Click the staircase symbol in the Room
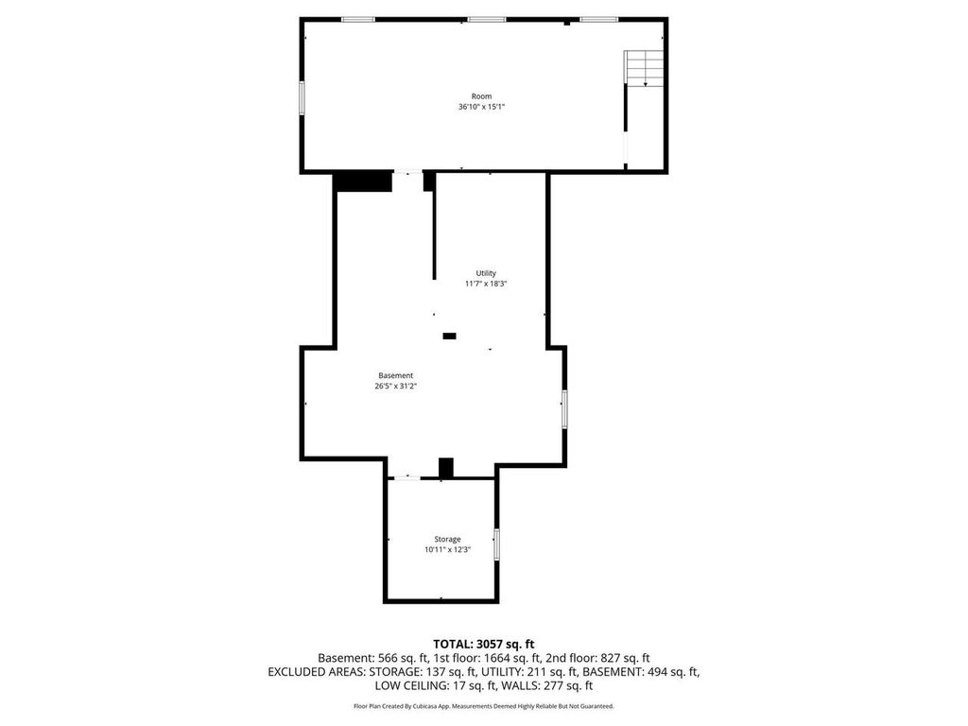(x=644, y=68)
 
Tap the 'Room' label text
(x=482, y=96)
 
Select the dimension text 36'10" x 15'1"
(x=482, y=107)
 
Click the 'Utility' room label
(x=486, y=273)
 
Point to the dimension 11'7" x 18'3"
(x=486, y=284)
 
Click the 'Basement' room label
(x=395, y=375)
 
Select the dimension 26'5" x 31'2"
(x=395, y=386)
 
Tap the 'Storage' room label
(x=448, y=539)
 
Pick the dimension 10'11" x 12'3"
(x=448, y=549)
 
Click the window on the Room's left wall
(x=302, y=98)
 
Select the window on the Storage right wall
(x=496, y=544)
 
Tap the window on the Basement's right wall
(x=564, y=408)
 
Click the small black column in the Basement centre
(x=449, y=336)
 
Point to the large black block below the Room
(x=364, y=181)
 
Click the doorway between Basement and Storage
(x=407, y=478)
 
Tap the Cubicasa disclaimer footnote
(x=483, y=706)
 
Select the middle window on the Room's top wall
(x=486, y=19)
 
